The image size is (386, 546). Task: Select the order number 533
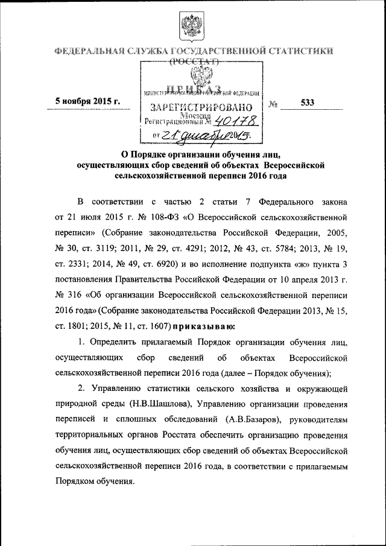coord(308,103)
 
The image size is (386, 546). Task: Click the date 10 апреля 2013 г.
coord(312,281)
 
